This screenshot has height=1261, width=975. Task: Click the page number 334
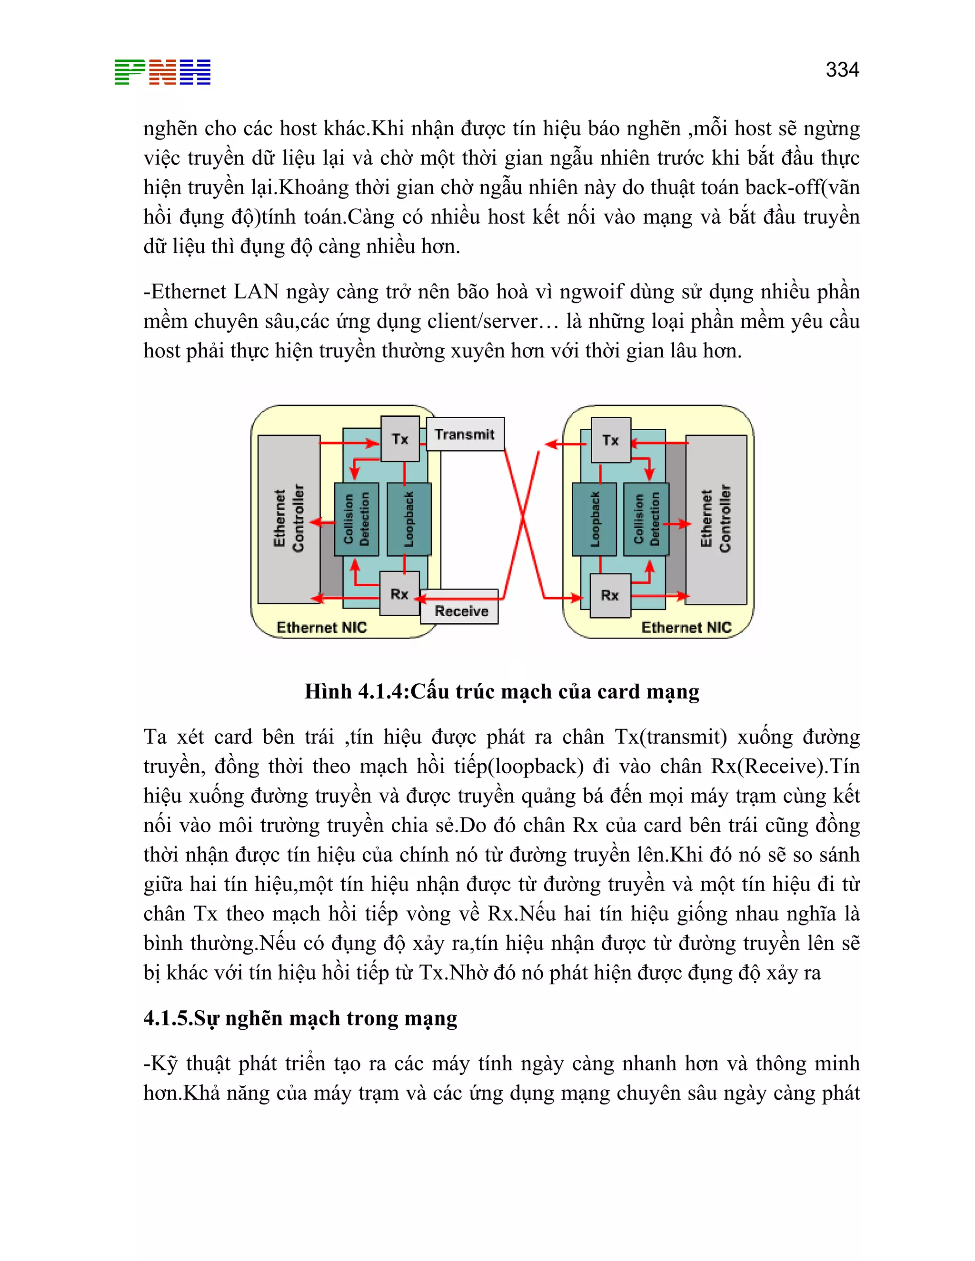tap(842, 70)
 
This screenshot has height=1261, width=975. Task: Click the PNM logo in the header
tap(162, 72)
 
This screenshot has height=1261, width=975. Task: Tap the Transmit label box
tap(465, 434)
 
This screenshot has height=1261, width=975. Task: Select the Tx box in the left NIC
tap(400, 439)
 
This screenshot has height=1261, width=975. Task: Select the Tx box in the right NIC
tap(610, 440)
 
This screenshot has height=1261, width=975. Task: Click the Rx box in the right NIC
tap(610, 595)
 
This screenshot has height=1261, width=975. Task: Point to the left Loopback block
tap(409, 519)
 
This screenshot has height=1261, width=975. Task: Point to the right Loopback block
tap(594, 519)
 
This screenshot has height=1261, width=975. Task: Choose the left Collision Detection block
tap(357, 519)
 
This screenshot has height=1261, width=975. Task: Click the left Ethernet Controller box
tap(289, 520)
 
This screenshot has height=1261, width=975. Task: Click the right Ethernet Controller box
tap(716, 520)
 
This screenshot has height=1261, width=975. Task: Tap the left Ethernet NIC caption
tap(322, 627)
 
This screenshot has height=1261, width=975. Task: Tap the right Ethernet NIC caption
tap(686, 627)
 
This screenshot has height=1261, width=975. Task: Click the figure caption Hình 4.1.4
tap(501, 691)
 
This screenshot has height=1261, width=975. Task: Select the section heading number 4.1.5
tap(168, 1018)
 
